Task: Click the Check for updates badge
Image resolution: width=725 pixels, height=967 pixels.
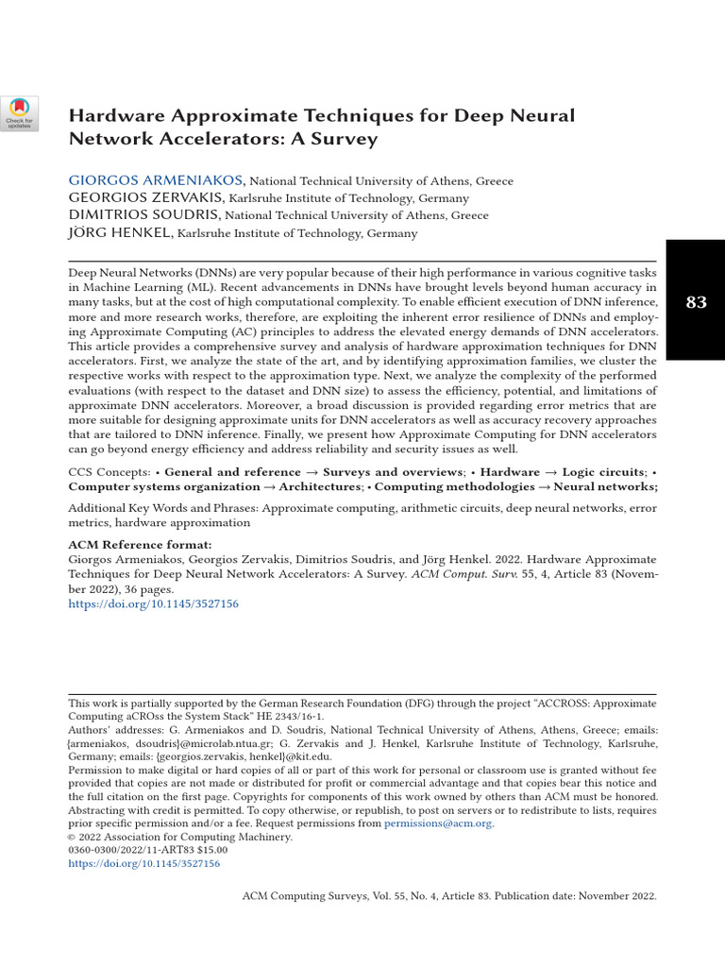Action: click(x=20, y=113)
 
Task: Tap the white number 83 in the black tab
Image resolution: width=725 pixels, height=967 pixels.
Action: click(x=697, y=302)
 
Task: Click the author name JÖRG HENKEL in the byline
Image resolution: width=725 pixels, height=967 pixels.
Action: click(x=121, y=232)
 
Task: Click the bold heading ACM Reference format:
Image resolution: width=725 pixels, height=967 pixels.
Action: click(x=140, y=545)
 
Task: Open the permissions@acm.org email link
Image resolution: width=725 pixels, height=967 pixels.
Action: click(x=438, y=823)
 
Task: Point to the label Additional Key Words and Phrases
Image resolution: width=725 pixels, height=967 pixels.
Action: click(x=163, y=508)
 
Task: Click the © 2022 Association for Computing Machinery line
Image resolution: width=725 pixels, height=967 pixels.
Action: click(x=180, y=837)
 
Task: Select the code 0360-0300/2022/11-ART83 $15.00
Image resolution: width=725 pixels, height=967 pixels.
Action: click(x=148, y=850)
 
